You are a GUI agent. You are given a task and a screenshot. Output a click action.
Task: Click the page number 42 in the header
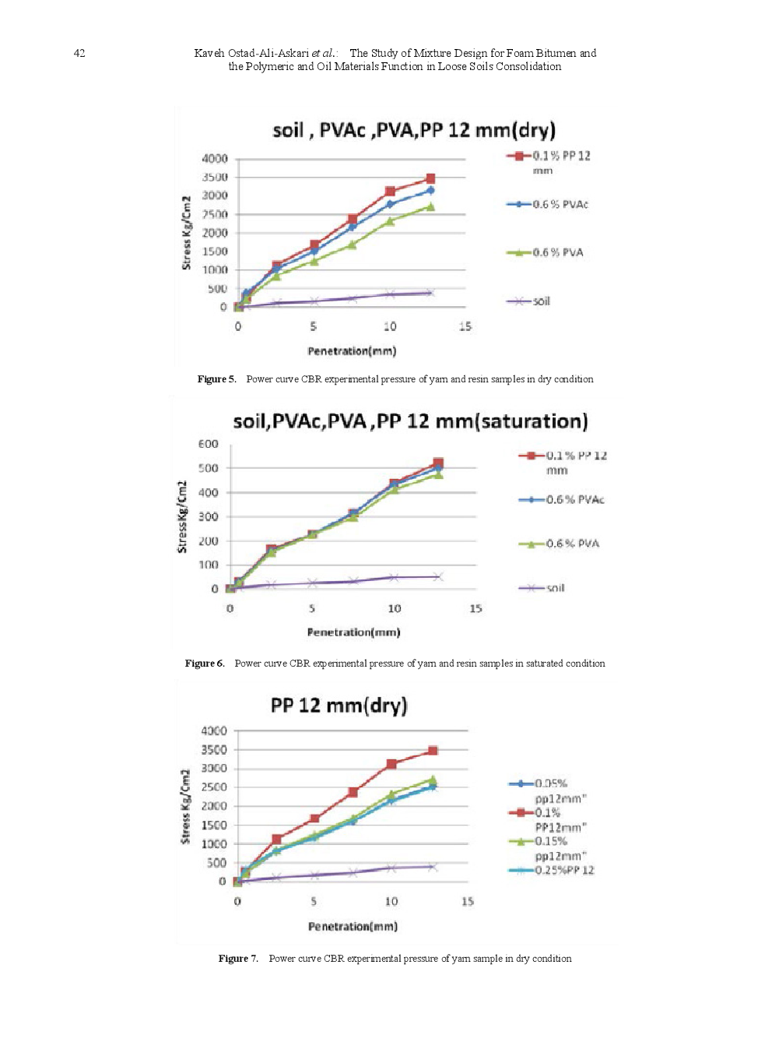pyautogui.click(x=79, y=53)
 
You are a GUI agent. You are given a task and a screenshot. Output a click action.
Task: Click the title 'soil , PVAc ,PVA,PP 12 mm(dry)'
pyautogui.click(x=413, y=130)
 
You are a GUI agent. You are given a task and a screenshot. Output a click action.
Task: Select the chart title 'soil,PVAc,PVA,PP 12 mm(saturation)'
pyautogui.click(x=410, y=421)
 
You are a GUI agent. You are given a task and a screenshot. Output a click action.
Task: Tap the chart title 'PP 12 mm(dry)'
pyautogui.click(x=339, y=706)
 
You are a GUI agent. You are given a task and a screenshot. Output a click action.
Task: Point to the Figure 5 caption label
pyautogui.click(x=216, y=379)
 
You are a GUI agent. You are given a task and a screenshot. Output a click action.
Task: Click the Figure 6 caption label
pyautogui.click(x=205, y=664)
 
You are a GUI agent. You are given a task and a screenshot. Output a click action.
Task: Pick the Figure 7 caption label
pyautogui.click(x=238, y=959)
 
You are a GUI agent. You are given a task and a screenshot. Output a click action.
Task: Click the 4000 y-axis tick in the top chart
pyautogui.click(x=215, y=159)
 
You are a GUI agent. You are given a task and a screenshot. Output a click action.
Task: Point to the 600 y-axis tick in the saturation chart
pyautogui.click(x=209, y=444)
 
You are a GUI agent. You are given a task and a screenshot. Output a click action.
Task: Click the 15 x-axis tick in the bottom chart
pyautogui.click(x=467, y=901)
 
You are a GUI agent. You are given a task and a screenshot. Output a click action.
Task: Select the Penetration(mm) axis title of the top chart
pyautogui.click(x=352, y=351)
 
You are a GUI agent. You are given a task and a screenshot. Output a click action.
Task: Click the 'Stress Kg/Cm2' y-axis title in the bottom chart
pyautogui.click(x=185, y=806)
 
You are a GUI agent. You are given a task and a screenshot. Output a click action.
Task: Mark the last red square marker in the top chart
pyautogui.click(x=430, y=178)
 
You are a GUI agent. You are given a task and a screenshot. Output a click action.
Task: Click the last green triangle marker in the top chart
pyautogui.click(x=430, y=206)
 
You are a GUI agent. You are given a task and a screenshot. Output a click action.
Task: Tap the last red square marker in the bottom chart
pyautogui.click(x=433, y=751)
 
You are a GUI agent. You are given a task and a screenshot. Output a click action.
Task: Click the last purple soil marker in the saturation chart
pyautogui.click(x=438, y=577)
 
